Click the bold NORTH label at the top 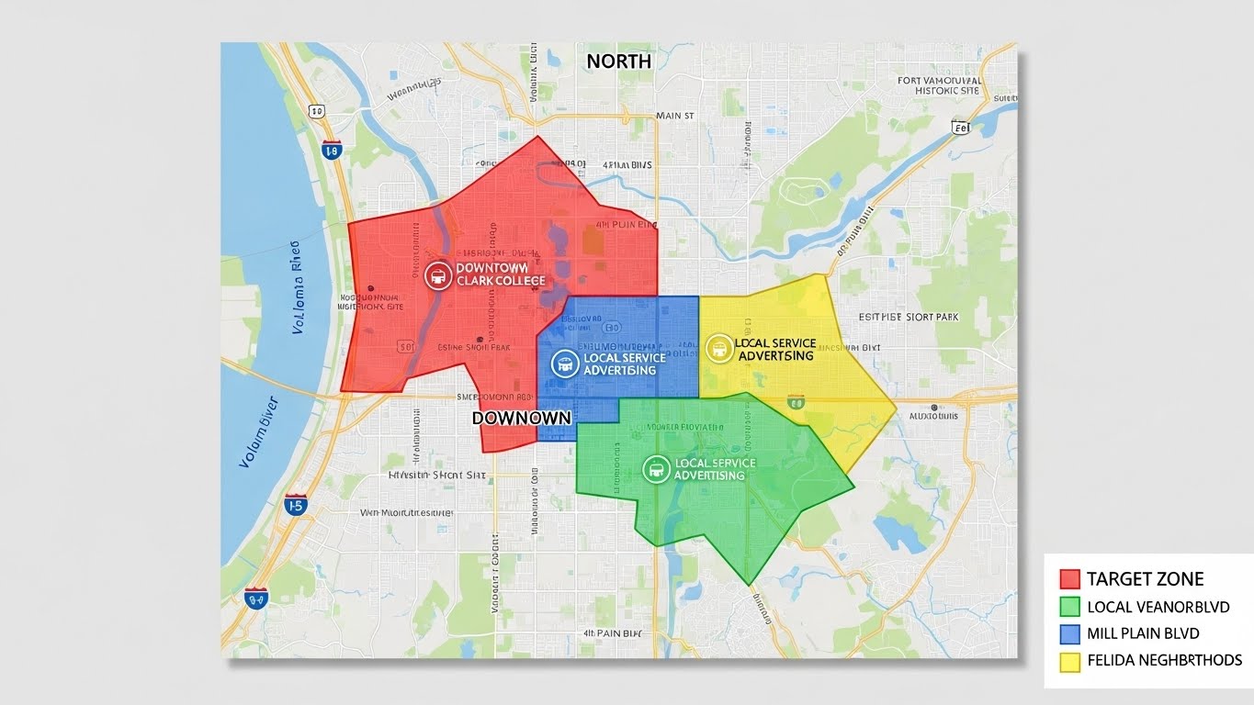(618, 62)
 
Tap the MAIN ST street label (675, 117)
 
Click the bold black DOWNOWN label (521, 418)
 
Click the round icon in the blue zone (564, 364)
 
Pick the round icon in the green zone (656, 469)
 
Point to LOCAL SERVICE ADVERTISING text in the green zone (715, 469)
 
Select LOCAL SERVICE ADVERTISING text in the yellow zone (775, 349)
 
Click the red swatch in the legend (1069, 579)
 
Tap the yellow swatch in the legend (1069, 661)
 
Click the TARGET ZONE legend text (1145, 579)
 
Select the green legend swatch (1069, 607)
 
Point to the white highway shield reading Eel (962, 128)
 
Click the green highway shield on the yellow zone (796, 401)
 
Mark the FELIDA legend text (1164, 661)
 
